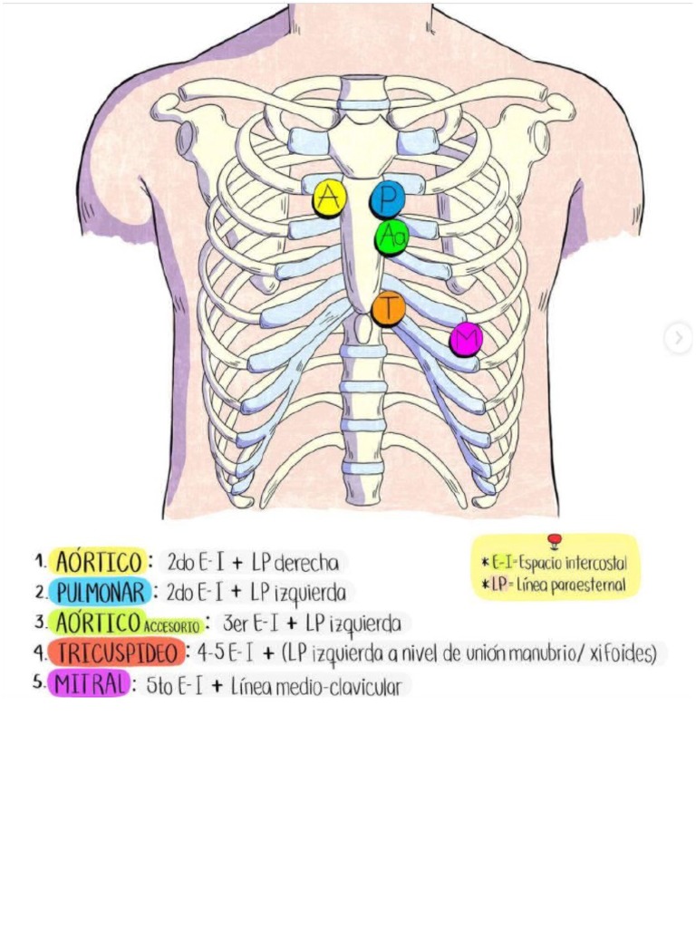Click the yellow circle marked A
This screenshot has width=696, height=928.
coord(329,198)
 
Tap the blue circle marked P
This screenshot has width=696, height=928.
coord(387,198)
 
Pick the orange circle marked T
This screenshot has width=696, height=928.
coord(388,308)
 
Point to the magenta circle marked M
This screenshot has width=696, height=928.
coord(466,339)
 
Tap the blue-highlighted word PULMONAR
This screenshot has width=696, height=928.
coord(99,593)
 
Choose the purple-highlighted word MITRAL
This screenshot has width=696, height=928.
coord(89,685)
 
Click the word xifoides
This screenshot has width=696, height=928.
coord(621,653)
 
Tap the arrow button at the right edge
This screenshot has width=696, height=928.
coord(678,339)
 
